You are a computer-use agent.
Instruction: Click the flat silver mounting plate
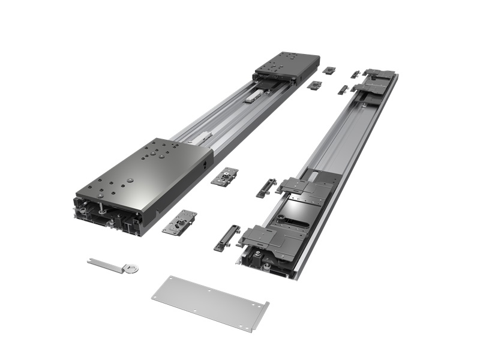click(x=207, y=302)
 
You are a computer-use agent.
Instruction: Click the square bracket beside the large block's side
click(x=224, y=176)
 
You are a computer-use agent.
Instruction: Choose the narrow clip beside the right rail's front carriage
click(x=226, y=238)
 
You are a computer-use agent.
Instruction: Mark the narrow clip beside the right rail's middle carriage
click(x=266, y=187)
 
